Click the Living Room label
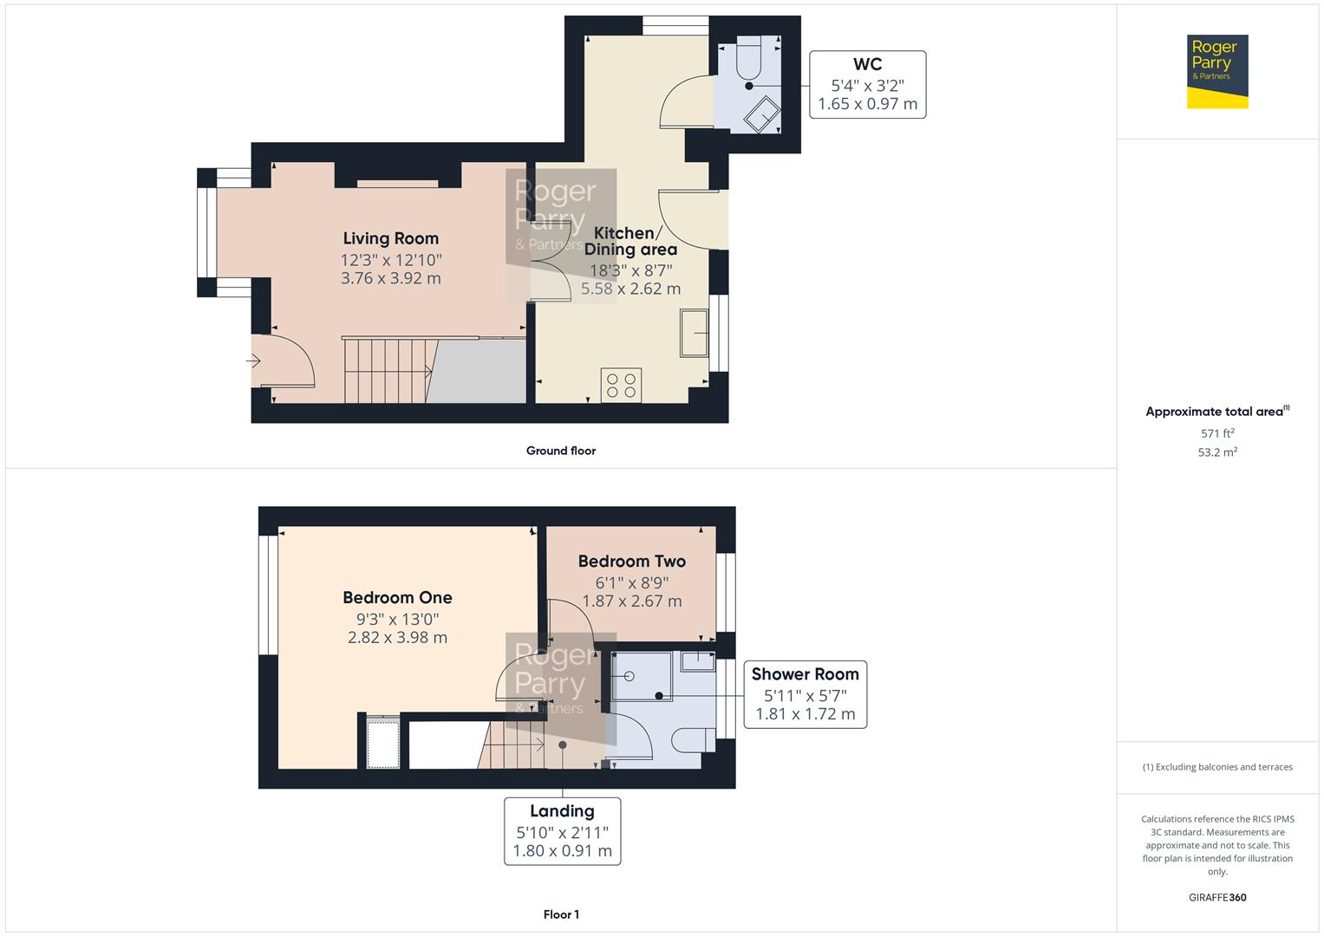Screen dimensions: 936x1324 (390, 238)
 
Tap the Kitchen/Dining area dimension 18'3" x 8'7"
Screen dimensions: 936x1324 (630, 270)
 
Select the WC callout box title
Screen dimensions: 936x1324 (867, 64)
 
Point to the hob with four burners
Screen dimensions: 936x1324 (621, 385)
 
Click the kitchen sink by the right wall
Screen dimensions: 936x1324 (694, 333)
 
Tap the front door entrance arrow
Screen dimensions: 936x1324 (255, 361)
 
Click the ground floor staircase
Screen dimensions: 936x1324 (387, 371)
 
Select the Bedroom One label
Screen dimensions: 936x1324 (397, 597)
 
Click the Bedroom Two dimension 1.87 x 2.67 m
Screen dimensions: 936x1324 (631, 601)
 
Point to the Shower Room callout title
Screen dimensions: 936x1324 (805, 674)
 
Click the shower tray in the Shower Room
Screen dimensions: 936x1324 (641, 676)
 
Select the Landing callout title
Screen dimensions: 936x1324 (562, 811)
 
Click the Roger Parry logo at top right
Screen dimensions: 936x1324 (1216, 71)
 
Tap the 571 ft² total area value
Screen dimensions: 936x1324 (1216, 433)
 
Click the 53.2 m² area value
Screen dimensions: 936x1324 (1216, 452)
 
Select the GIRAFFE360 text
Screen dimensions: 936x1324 (1216, 897)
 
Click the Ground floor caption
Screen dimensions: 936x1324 (560, 451)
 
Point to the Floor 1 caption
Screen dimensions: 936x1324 (560, 914)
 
